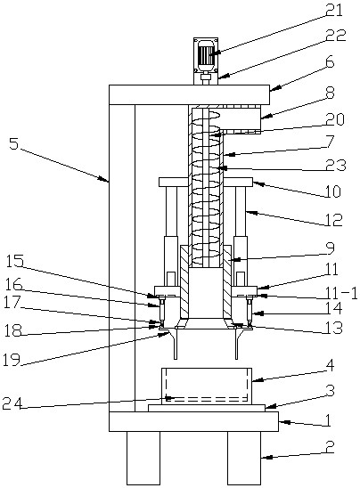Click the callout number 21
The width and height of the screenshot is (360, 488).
[x=334, y=10]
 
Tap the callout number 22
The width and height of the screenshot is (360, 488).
[x=336, y=36]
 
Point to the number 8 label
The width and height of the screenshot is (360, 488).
[x=330, y=93]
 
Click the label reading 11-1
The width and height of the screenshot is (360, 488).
[x=341, y=293]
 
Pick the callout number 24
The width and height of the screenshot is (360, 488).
[x=12, y=403]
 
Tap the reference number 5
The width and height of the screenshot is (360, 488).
[x=13, y=144]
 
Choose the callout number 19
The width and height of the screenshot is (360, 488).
[x=12, y=360]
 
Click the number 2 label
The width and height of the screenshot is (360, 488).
[x=329, y=447]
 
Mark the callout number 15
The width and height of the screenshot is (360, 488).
[x=14, y=261]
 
